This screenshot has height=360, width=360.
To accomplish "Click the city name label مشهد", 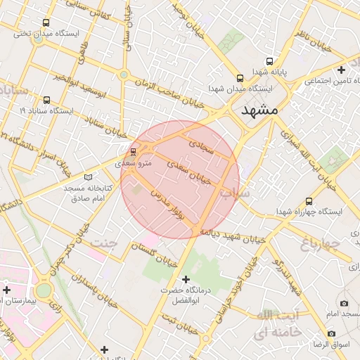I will coord(259,110).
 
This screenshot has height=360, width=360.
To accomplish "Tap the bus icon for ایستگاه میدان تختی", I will coord(47,22).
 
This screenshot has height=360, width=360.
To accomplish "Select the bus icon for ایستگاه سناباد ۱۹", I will coord(47,100).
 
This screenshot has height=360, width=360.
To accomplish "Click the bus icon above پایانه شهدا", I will coord(240,78).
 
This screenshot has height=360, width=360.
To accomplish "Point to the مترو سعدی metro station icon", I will coord(133,151).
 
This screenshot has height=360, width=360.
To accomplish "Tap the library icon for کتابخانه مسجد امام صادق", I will coord(88,177).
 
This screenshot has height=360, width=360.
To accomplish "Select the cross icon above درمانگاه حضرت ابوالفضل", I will coord(186,279).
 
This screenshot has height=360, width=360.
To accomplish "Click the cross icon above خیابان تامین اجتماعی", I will coord(342,70).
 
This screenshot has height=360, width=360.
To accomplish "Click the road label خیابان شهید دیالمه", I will coord(233,235).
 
